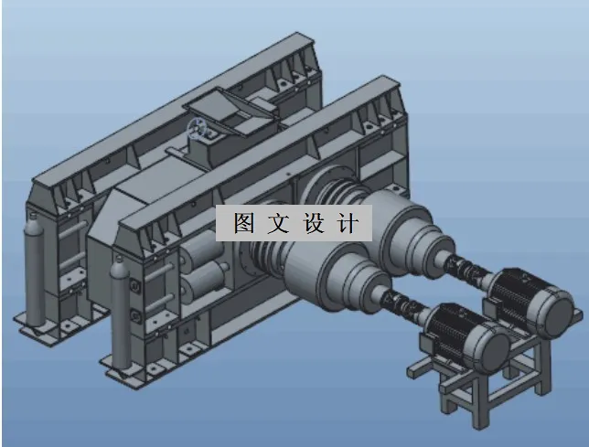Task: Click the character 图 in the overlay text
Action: coord(243,223)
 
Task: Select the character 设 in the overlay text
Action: coord(315,223)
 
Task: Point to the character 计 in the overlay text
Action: coord(350,223)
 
